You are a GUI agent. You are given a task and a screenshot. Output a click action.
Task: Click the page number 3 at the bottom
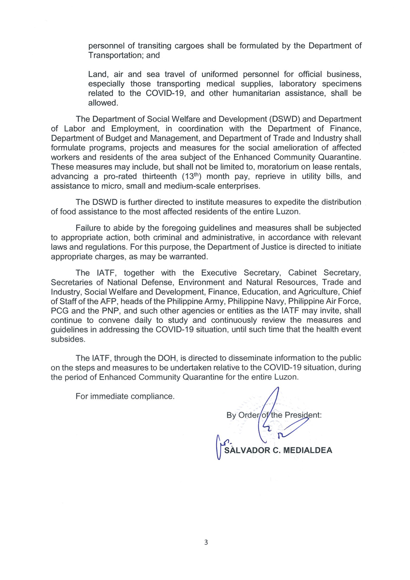click(x=206, y=542)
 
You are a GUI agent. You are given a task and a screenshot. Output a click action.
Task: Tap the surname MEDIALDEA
click(x=307, y=450)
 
